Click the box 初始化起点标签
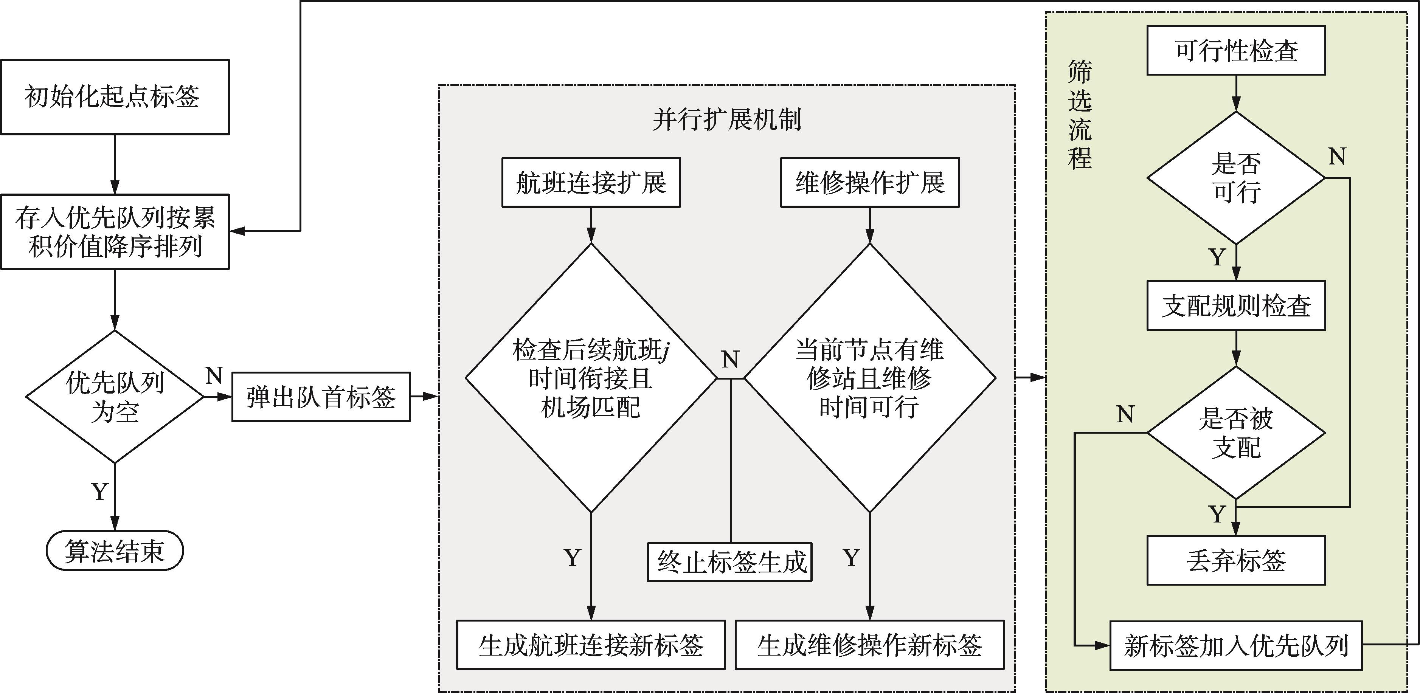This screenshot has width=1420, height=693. coord(115,97)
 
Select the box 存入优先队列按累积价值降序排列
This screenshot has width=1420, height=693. coord(115,231)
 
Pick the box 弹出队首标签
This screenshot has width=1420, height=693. coord(321,397)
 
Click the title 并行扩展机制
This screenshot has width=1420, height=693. coord(726,119)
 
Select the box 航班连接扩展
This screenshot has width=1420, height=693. coord(591,183)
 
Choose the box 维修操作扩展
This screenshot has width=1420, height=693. coord(870,183)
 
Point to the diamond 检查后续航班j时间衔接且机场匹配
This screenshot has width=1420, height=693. coord(591,378)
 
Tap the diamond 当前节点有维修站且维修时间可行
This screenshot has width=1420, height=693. coord(870,378)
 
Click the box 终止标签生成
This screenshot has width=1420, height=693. coord(730,562)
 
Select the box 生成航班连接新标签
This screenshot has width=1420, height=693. coord(591,645)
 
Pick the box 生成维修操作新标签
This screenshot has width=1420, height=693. coord(870,645)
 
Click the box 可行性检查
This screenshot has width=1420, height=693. coord(1236,50)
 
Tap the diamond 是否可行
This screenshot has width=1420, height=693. coord(1236,178)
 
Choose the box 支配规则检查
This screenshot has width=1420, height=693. coord(1236,305)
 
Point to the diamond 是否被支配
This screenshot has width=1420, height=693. coord(1236,433)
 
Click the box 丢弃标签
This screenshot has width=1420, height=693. coord(1236,561)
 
